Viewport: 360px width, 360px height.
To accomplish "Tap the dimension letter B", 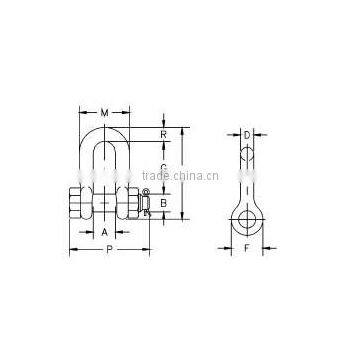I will pyautogui.click(x=163, y=199).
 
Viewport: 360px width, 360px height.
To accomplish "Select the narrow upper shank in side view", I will pyautogui.click(x=245, y=165).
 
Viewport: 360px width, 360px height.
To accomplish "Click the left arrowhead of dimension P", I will pyautogui.click(x=71, y=249).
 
